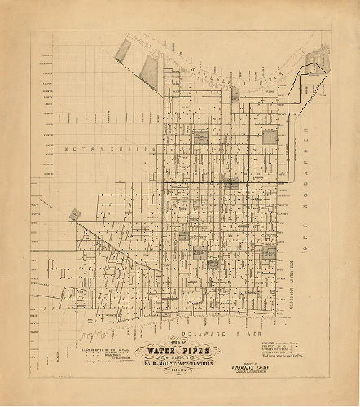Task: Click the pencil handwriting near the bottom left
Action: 90,332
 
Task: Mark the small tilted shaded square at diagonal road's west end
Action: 76,214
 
